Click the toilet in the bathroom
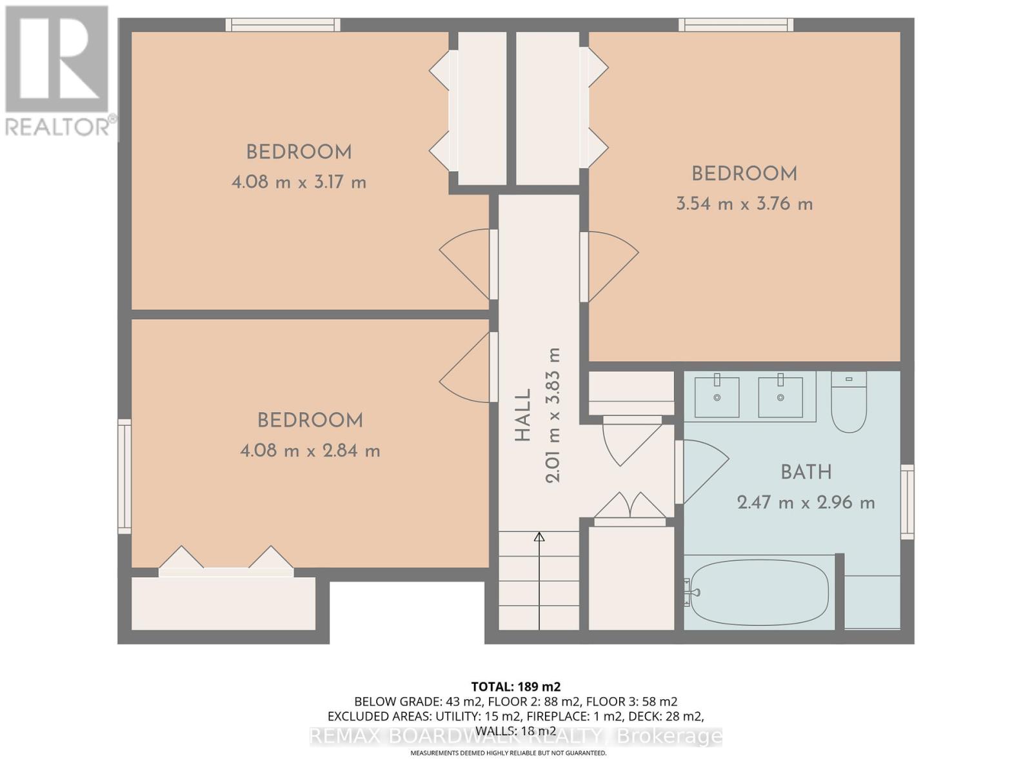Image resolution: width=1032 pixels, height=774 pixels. pos(848,402)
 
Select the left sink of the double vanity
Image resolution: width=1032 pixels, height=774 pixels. pos(717,397)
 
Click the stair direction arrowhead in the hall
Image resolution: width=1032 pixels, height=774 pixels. pos(539,537)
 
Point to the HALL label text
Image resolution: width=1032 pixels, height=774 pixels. pos(523,415)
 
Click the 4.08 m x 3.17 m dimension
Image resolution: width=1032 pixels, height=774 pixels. pos(299,183)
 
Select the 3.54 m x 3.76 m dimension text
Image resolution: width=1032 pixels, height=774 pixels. pos(744,204)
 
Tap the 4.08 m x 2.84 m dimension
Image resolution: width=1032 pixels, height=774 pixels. pos(310,451)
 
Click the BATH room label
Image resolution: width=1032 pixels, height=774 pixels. pos(806,472)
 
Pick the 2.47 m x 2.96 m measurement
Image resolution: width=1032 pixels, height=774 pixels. pos(806,503)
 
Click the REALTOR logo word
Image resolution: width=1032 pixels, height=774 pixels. pos(58,126)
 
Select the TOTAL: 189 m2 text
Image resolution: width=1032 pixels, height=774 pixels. pos(515,686)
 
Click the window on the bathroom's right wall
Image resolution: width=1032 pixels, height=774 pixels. pos(907,502)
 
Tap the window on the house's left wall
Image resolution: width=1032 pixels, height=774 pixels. pos(124,476)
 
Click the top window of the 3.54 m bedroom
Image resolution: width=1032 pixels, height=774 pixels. pos(735,25)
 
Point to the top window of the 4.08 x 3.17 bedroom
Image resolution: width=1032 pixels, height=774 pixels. pos(283,25)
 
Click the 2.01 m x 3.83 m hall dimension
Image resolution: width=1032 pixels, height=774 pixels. pos(553,415)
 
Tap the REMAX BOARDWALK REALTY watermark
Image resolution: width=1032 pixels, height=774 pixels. pos(515,736)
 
